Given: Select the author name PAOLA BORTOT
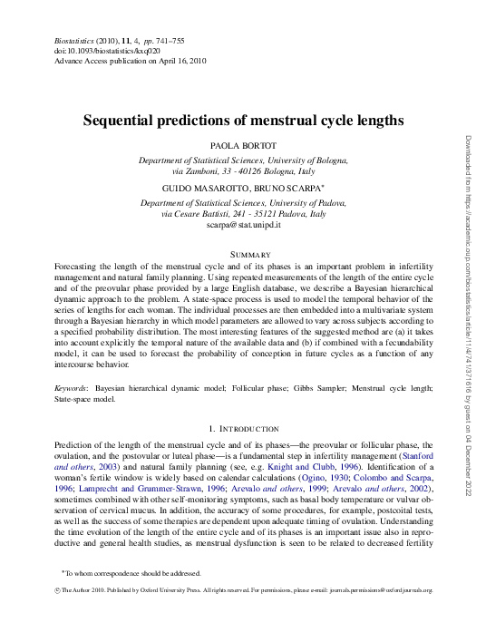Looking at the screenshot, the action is coord(243,146).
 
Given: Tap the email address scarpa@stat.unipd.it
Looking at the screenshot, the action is coord(243,224).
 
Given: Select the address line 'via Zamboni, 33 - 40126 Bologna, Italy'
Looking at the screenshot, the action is coord(243,170).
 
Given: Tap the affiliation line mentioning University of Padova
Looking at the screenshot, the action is coord(243,204).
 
